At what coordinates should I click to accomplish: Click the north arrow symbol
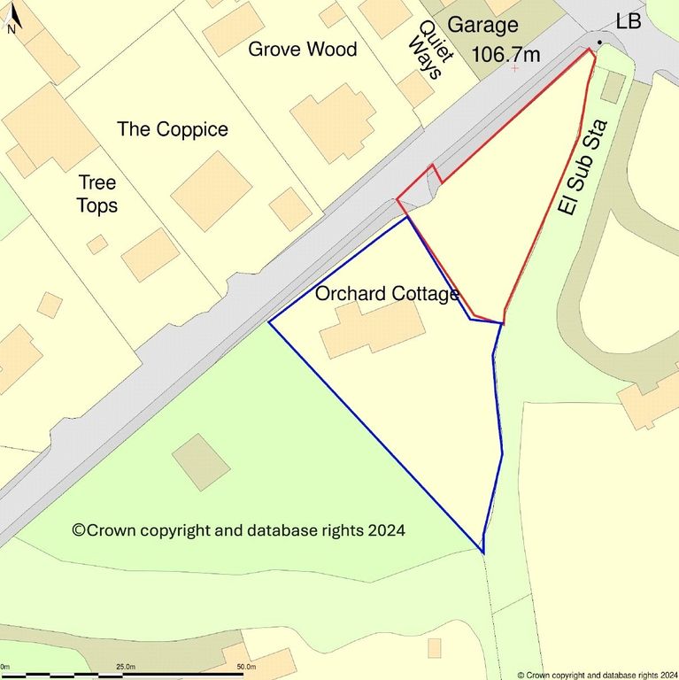(12, 20)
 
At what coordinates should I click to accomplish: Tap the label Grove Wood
(302, 49)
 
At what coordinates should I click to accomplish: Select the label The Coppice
(173, 129)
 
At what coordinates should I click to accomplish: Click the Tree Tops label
(97, 194)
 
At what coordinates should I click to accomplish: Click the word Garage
(482, 25)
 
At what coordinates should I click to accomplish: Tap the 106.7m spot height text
(506, 54)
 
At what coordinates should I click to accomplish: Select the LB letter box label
(628, 22)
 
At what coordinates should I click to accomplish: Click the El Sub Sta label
(580, 166)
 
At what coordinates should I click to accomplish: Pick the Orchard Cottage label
(387, 293)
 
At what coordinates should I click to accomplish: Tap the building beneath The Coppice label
(211, 190)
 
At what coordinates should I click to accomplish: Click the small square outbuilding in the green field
(201, 461)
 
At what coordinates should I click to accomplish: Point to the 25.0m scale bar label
(125, 666)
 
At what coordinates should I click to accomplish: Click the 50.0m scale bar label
(245, 666)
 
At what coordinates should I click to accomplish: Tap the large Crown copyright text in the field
(239, 530)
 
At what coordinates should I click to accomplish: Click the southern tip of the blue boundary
(483, 552)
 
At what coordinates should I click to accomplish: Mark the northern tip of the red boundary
(590, 50)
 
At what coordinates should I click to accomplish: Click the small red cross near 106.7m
(514, 68)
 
